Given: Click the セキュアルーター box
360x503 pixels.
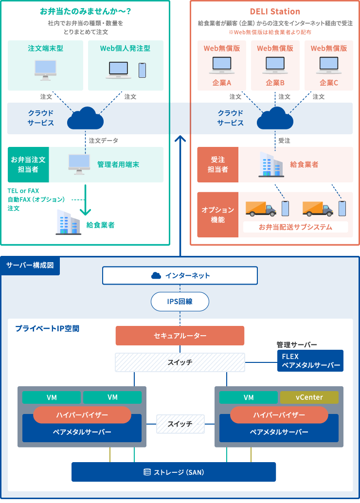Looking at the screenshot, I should [180, 336].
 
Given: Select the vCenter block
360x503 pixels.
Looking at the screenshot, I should [309, 397].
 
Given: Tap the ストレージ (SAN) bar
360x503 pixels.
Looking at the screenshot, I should [174, 472].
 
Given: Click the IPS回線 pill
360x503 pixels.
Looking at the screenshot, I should [180, 302].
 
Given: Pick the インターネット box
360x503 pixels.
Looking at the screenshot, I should [180, 275].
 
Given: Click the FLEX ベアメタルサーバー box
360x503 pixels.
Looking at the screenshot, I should [310, 361].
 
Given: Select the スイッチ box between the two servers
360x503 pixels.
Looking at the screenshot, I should [180, 424].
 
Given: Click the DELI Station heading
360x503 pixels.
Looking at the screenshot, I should [275, 11].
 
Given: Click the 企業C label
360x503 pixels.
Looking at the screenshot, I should [328, 83].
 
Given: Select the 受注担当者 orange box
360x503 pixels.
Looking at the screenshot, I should [217, 165].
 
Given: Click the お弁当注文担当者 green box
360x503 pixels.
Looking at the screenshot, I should [28, 164].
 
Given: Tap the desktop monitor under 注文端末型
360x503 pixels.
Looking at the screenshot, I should [45, 70].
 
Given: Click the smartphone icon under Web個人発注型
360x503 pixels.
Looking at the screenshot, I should [142, 70].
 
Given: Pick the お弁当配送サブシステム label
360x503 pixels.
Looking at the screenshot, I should [295, 227].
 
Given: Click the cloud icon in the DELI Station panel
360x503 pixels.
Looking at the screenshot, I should [275, 118].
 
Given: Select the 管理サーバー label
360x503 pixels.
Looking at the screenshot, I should [297, 344].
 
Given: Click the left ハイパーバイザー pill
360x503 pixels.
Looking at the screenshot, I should [82, 415].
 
